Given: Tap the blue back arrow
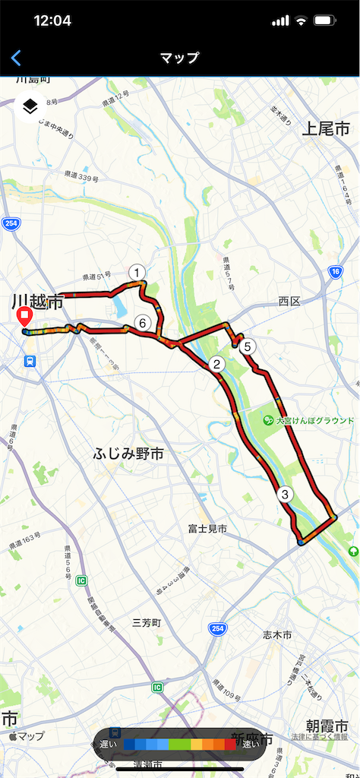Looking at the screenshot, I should [16, 58].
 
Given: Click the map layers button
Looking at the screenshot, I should [30, 106].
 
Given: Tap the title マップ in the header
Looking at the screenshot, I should [180, 58].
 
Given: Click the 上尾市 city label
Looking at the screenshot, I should [325, 128].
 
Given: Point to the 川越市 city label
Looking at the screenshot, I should [36, 303].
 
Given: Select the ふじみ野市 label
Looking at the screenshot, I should [129, 454].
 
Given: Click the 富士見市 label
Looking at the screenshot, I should [208, 529].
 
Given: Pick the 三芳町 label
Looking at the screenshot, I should [147, 622].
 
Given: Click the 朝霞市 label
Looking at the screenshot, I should [327, 726].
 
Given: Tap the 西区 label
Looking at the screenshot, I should [289, 302].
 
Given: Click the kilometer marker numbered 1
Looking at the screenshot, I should [137, 273].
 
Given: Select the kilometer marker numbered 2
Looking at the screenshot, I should [216, 365].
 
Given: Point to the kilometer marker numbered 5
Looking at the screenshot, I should [249, 346].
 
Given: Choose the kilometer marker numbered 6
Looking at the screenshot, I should [141, 323].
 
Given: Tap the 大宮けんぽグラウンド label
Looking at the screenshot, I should [314, 420].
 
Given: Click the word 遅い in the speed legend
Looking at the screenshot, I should [108, 745].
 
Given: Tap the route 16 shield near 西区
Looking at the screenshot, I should [333, 271].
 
